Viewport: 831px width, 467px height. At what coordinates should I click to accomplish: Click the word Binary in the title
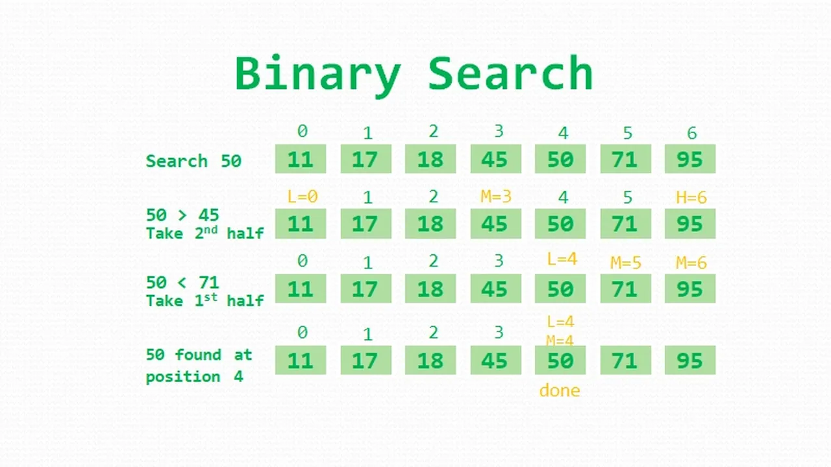pos(318,75)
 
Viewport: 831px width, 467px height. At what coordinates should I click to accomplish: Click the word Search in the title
pos(511,73)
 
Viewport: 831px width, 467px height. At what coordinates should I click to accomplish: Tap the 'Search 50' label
pos(193,162)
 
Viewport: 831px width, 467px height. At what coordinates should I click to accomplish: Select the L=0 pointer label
pos(303,197)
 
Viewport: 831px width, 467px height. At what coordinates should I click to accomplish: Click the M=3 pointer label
pos(495,197)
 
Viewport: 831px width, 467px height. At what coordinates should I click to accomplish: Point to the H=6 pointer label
pos(691,197)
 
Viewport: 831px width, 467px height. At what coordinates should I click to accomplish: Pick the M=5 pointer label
pos(626,263)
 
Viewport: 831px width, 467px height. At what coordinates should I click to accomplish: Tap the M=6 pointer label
pos(691,263)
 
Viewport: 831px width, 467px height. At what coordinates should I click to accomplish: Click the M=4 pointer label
pos(560,341)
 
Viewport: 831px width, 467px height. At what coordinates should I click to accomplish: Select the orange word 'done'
pos(560,390)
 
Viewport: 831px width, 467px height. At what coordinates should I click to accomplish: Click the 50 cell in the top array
pos(560,159)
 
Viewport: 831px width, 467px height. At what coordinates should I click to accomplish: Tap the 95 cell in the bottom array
pos(690,360)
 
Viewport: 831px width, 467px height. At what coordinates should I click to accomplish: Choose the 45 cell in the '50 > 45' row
pos(495,224)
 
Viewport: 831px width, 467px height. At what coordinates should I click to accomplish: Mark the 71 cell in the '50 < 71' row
pos(625,289)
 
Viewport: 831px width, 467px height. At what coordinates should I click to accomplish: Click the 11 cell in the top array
pos(301,159)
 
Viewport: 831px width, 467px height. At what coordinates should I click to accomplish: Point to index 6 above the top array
pos(692,133)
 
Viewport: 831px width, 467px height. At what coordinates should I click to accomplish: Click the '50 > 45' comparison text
pos(182,215)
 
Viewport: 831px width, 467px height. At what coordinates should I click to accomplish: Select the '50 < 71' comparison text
pos(182,283)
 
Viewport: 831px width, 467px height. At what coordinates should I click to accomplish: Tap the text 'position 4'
pos(194,377)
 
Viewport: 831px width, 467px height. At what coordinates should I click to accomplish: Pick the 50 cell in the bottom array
pos(560,360)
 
